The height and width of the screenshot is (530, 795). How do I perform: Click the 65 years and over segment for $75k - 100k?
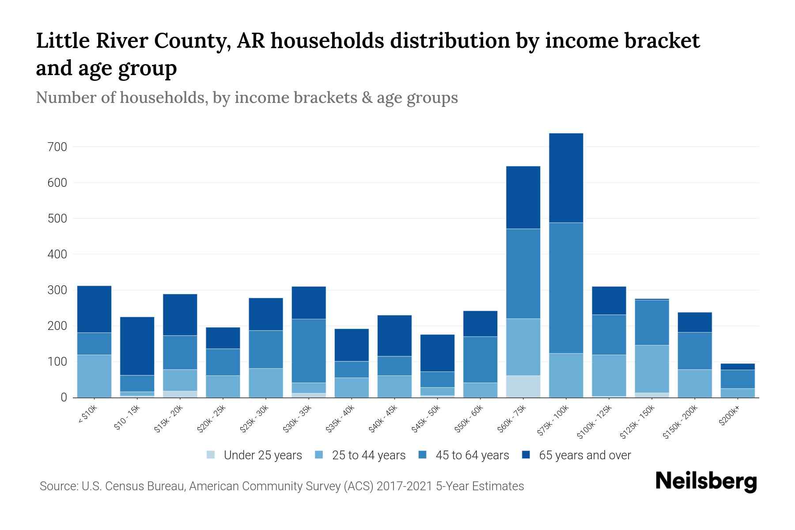(x=566, y=178)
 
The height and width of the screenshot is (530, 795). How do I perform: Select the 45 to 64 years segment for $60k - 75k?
(x=523, y=273)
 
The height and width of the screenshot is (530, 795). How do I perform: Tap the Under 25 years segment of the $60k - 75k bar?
(x=523, y=386)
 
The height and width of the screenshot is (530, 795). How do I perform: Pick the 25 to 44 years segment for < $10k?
(x=94, y=376)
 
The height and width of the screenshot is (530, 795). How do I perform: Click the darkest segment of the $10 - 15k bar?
(x=137, y=346)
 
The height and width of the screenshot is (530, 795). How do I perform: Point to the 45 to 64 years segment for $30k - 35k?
(x=309, y=351)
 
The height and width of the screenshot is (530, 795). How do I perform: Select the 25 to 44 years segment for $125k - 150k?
(x=651, y=369)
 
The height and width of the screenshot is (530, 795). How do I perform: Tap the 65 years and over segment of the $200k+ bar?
(x=737, y=367)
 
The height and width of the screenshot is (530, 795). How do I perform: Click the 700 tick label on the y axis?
(x=57, y=147)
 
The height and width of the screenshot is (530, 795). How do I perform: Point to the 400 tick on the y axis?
(x=57, y=254)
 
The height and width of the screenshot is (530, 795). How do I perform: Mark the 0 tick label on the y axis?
(x=64, y=397)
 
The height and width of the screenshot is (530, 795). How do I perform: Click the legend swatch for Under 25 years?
(x=211, y=455)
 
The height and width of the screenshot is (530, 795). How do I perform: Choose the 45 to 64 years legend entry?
(x=472, y=455)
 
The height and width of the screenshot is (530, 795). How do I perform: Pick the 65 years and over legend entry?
(x=584, y=455)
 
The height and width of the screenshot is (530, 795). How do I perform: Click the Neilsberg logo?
(x=706, y=481)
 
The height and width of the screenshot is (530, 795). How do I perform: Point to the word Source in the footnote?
(x=57, y=486)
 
